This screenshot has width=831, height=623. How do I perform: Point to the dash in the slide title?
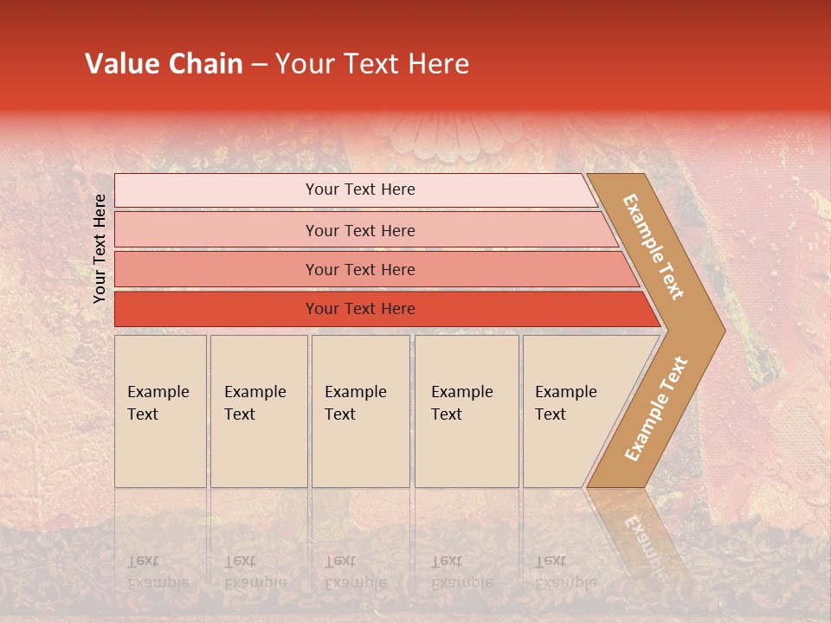259,65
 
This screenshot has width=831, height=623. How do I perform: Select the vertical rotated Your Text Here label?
100,248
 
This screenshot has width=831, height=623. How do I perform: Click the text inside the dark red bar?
360,309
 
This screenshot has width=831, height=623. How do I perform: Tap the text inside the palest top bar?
360,189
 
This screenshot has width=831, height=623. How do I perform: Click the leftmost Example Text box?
160,411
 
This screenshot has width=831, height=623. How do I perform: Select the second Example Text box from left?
259,411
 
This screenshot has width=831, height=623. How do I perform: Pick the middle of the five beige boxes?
360,411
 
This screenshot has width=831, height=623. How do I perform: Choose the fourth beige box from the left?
467,411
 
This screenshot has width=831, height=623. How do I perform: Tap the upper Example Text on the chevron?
654,247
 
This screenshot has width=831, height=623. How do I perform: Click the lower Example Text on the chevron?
656,408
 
